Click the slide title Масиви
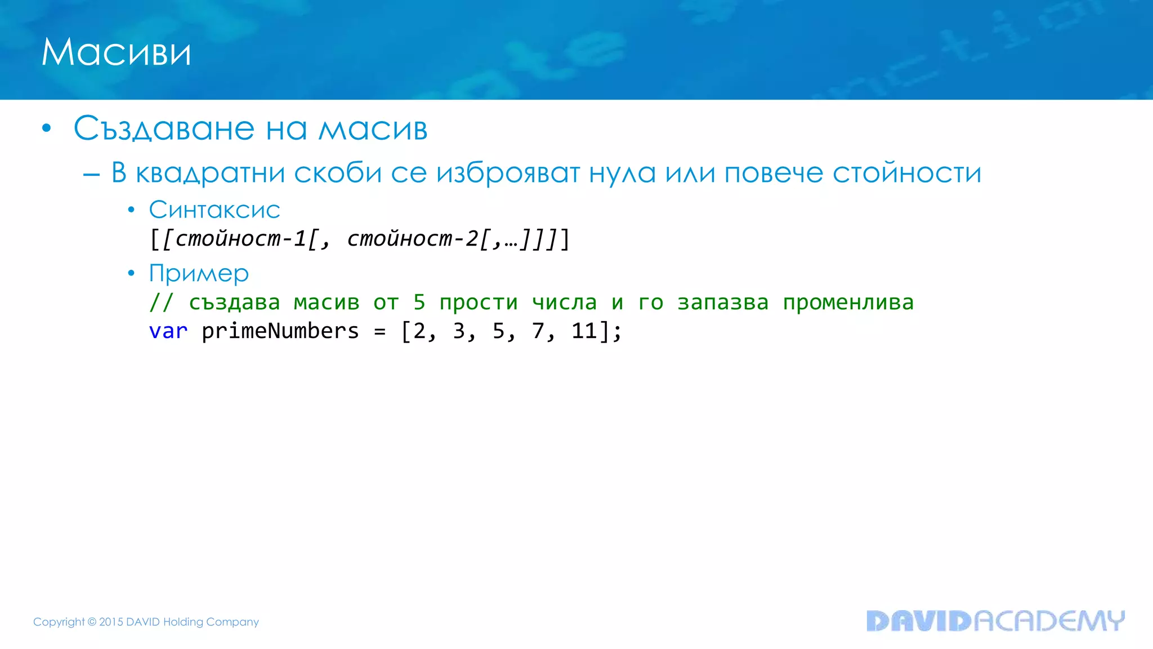116,52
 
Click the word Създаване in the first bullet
164,128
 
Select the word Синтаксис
214,210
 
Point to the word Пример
199,274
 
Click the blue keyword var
168,331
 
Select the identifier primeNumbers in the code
280,331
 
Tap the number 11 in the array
584,331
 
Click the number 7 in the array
538,331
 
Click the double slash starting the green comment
161,303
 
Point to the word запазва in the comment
722,303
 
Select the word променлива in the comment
848,303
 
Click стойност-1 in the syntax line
240,239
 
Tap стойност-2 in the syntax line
412,239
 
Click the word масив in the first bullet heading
373,128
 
